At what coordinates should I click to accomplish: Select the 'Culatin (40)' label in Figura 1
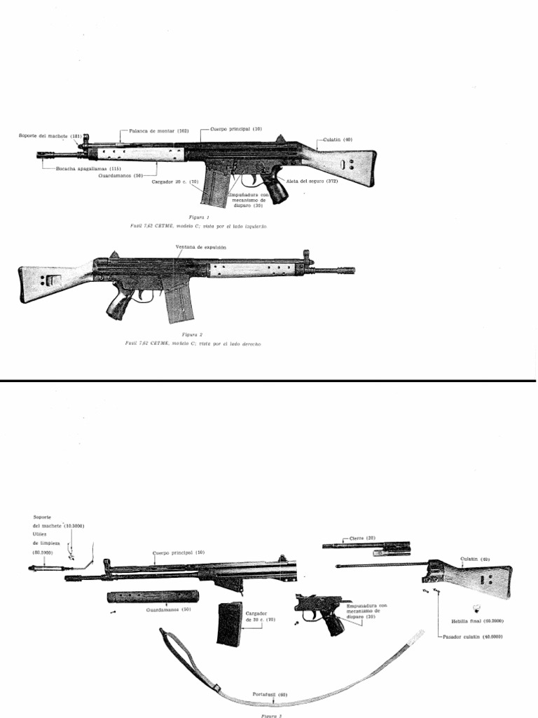click(x=338, y=140)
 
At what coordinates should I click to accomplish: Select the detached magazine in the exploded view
click(x=229, y=623)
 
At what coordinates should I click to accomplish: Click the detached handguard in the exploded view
click(x=153, y=597)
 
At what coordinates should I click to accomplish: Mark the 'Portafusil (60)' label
click(x=273, y=694)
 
